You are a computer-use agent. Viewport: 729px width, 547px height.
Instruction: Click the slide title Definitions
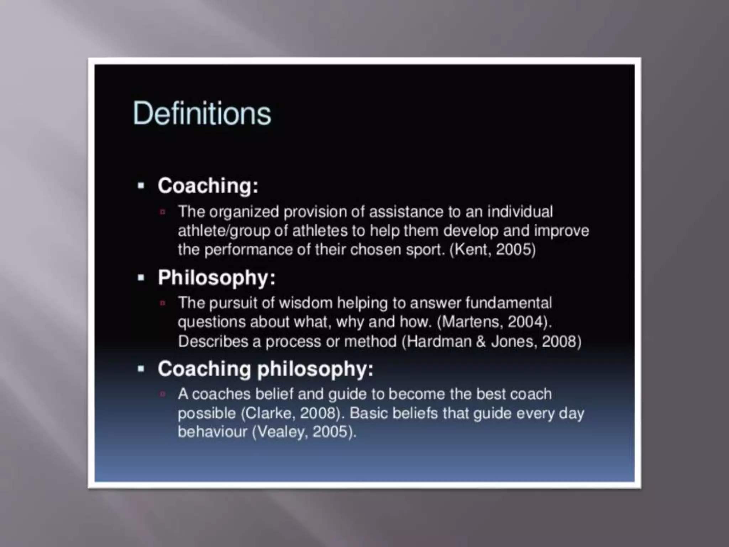(x=202, y=113)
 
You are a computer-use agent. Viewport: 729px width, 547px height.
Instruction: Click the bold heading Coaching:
(x=208, y=186)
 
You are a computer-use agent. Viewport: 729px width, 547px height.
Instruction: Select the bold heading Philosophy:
(x=216, y=277)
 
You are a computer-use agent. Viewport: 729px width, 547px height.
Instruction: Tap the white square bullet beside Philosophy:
(x=141, y=278)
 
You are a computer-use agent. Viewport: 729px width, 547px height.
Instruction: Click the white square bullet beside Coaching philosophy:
(x=141, y=369)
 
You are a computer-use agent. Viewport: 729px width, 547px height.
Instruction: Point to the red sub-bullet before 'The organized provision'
(x=163, y=212)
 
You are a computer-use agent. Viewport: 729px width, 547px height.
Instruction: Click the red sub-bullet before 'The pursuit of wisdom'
(x=163, y=303)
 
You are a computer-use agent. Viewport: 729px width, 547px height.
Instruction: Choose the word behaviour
(x=212, y=432)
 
